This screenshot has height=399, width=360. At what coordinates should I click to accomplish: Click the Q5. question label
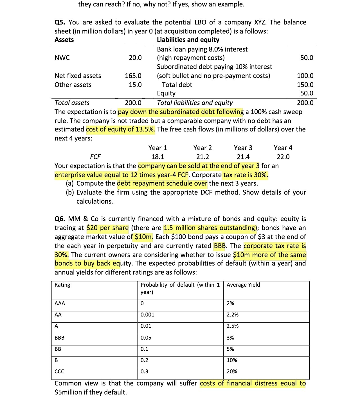point(60,22)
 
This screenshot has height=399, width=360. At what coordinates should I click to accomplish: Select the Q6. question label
point(60,219)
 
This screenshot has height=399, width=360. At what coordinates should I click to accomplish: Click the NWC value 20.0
point(135,58)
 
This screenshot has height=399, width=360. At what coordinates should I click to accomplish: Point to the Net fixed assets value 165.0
point(133,76)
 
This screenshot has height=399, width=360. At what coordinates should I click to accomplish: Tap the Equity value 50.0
point(307,93)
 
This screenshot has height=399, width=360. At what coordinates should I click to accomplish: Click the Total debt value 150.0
point(305,85)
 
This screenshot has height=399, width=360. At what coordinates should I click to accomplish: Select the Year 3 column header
point(243,148)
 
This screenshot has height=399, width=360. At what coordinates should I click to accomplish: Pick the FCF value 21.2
point(202,157)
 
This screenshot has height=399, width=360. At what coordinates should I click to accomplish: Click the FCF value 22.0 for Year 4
point(283,157)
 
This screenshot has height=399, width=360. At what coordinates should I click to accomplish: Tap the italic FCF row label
point(95,157)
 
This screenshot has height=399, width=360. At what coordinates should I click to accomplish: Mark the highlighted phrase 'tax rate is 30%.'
point(246,175)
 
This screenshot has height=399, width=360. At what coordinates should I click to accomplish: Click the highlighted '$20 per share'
point(108,228)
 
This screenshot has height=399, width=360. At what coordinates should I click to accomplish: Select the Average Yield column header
point(243,285)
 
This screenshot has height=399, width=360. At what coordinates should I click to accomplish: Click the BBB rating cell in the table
point(60,338)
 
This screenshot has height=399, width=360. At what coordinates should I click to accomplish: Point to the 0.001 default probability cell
point(147,315)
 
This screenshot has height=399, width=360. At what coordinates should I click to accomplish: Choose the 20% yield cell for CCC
point(232,372)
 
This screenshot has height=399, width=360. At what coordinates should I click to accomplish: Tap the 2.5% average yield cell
point(233,326)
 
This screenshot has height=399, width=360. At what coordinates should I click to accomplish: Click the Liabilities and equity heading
point(188,40)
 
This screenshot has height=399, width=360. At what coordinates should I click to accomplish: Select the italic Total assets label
point(72,103)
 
